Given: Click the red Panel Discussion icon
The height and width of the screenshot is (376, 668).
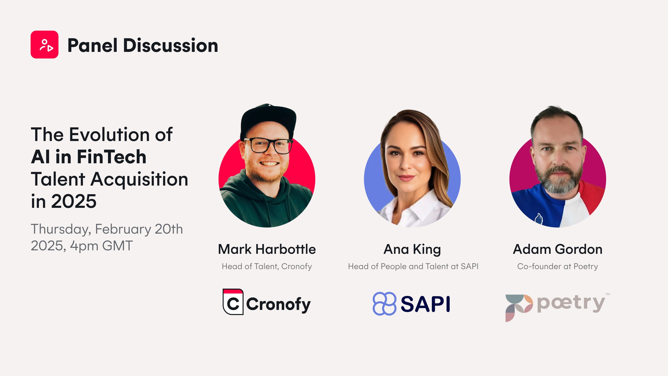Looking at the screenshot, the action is pos(44,44).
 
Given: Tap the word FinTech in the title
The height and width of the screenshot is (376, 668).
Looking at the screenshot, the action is pos(112,157).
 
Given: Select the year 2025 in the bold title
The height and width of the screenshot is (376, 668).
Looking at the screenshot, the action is pos(74,201).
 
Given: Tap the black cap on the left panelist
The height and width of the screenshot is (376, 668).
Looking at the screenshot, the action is pos(268,120).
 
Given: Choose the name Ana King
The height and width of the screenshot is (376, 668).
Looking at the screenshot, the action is pos(412,249).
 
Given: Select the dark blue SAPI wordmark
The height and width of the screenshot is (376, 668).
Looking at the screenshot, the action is pos(425,304).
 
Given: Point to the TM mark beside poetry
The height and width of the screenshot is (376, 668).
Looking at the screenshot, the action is pos(608,294).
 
